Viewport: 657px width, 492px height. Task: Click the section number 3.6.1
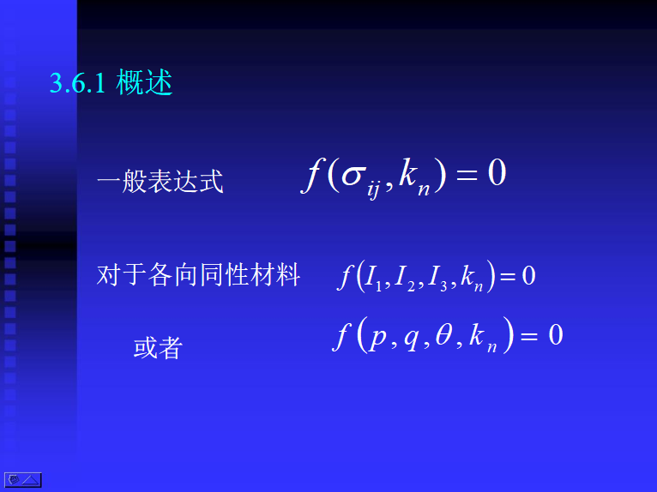77,82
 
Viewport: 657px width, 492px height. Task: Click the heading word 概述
144,82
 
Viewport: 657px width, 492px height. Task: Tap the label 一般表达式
160,182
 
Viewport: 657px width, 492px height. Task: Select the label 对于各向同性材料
198,274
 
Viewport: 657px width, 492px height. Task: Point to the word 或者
158,347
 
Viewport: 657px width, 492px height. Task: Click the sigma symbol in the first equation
352,176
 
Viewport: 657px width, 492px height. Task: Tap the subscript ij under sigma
373,190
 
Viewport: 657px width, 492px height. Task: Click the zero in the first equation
497,172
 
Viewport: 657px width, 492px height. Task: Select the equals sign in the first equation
467,173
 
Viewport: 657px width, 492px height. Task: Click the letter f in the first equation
313,175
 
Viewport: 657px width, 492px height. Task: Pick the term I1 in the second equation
373,279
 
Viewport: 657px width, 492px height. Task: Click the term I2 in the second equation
405,279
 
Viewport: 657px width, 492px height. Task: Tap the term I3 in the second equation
437,279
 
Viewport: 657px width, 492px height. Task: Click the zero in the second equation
529,275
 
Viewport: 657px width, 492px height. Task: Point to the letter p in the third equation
378,338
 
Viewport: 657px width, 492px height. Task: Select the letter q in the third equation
412,338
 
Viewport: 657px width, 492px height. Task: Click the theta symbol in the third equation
443,334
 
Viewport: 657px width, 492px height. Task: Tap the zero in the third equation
556,334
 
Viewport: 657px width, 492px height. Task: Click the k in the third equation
477,334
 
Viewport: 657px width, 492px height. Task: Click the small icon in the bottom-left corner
23,480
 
